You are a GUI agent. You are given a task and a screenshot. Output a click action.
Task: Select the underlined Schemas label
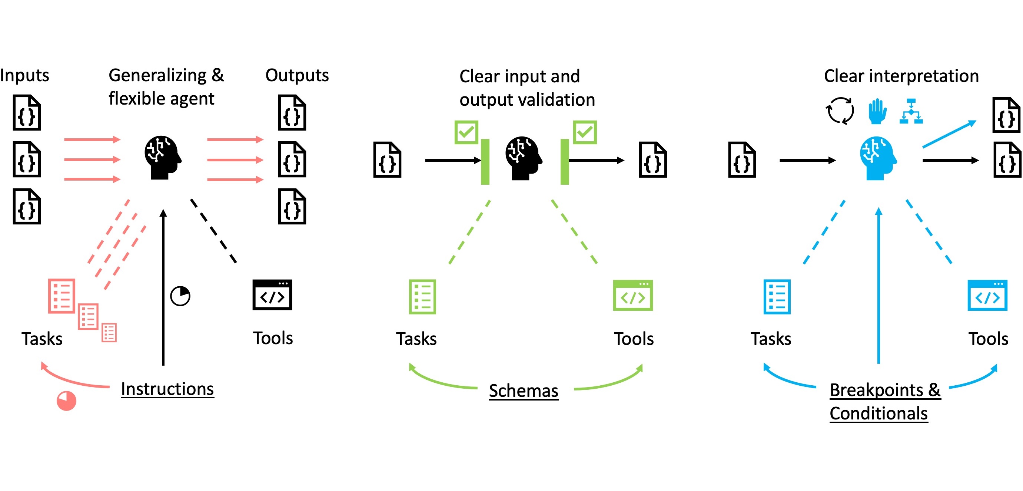point(524,391)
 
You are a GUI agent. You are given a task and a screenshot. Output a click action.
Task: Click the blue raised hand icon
point(877,111)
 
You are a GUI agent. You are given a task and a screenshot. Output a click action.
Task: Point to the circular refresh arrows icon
point(840,111)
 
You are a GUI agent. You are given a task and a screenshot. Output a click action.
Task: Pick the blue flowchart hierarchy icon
point(911,111)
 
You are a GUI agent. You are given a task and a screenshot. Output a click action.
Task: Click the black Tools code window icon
point(272,295)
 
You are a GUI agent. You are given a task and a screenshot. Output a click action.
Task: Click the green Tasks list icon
point(422,297)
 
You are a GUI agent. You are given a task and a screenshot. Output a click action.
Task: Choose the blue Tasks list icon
point(777,297)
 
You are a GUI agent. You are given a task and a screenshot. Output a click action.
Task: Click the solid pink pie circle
point(66,401)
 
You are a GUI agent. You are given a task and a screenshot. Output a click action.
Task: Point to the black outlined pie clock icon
point(180,296)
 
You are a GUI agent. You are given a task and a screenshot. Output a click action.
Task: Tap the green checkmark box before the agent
point(466,132)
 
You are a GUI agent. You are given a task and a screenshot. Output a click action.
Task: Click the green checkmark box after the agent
point(585,132)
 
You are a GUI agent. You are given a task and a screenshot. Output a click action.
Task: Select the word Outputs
point(297,75)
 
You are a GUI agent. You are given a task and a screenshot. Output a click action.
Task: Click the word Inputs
point(24,75)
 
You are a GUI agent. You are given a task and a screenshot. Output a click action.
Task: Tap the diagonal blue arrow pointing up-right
point(949,134)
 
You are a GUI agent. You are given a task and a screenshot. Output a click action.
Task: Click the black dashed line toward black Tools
point(213,231)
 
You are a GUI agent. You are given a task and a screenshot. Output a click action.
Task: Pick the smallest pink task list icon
point(109,333)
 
